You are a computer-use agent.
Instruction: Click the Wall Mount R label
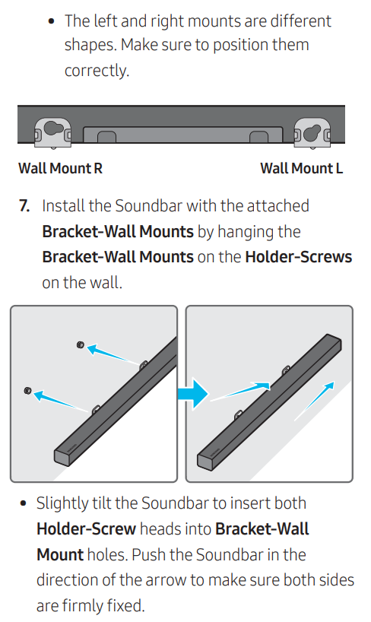point(60,168)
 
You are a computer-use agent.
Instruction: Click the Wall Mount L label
point(302,168)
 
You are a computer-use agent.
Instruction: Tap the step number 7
point(24,206)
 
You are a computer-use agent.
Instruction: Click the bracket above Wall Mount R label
point(52,132)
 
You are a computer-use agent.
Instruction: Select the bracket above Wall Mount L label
point(312,132)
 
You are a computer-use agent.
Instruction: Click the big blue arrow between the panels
point(193,394)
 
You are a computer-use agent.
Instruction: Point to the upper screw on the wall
point(81,344)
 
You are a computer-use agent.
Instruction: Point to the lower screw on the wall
point(28,391)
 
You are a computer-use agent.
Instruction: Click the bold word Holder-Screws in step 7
point(298,257)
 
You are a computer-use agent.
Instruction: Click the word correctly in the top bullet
point(97,71)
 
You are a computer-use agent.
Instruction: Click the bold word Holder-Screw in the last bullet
point(86,529)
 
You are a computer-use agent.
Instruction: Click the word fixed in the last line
point(125,606)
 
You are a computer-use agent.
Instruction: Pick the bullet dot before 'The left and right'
point(51,21)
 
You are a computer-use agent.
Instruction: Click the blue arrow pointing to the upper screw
point(112,354)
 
